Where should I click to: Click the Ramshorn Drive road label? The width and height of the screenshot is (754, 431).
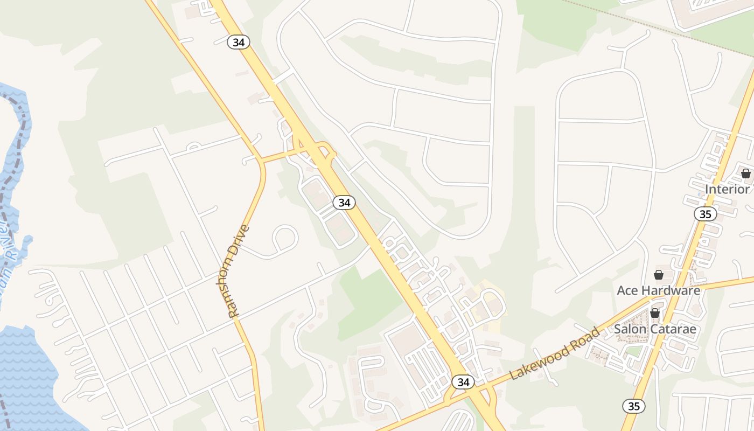[x=239, y=271]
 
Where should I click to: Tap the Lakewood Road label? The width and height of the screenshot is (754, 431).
[x=554, y=354]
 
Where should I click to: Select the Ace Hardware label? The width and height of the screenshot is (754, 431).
[x=658, y=290]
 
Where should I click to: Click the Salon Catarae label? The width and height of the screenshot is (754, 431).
[x=655, y=329]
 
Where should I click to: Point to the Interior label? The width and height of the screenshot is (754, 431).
[x=727, y=189]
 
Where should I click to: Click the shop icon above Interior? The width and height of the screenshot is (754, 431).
[x=745, y=173]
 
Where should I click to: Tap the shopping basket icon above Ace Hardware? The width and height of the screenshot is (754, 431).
[x=658, y=275]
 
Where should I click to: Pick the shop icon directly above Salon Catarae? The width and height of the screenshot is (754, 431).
[x=655, y=313]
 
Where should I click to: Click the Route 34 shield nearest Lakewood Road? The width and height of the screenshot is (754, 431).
[x=463, y=382]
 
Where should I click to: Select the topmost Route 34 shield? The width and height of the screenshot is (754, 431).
[x=238, y=42]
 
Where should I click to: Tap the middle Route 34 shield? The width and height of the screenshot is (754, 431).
[x=344, y=203]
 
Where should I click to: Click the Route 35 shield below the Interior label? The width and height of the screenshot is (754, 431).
[x=705, y=214]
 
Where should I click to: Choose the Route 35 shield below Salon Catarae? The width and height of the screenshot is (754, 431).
[x=634, y=406]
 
